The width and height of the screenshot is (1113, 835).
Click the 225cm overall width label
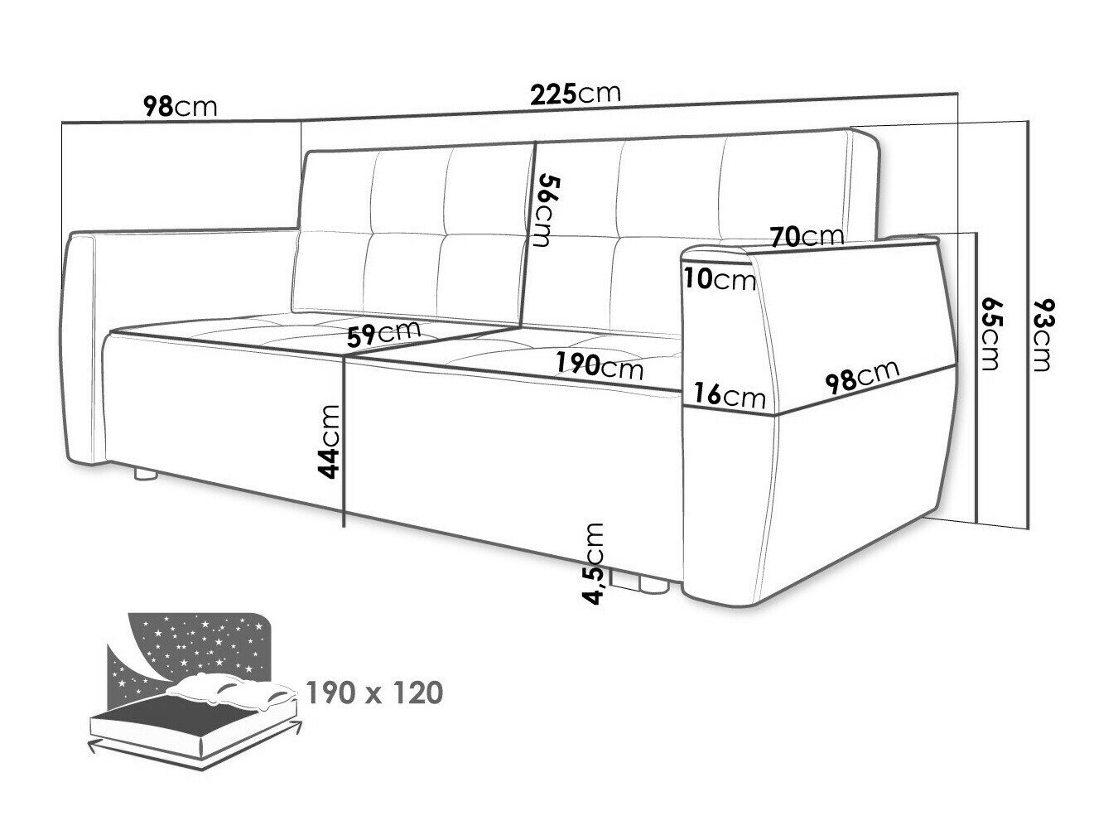click(x=575, y=94)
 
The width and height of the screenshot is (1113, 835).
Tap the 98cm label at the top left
click(x=180, y=107)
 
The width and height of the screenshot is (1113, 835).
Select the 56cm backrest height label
click(x=538, y=211)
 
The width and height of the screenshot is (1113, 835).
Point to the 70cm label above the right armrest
click(x=807, y=236)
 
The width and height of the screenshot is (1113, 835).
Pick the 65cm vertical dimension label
click(x=990, y=334)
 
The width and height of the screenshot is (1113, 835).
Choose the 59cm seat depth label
click(x=384, y=333)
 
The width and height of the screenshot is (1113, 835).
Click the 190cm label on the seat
click(x=600, y=365)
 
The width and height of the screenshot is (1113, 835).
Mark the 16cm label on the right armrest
click(x=730, y=395)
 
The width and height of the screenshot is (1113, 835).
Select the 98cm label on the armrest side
click(x=862, y=377)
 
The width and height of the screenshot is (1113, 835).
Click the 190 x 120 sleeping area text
click(x=374, y=693)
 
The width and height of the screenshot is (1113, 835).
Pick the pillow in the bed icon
click(x=232, y=688)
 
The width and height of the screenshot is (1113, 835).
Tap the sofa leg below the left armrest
click(x=146, y=474)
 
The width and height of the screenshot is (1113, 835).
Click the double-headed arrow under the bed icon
click(x=195, y=751)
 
